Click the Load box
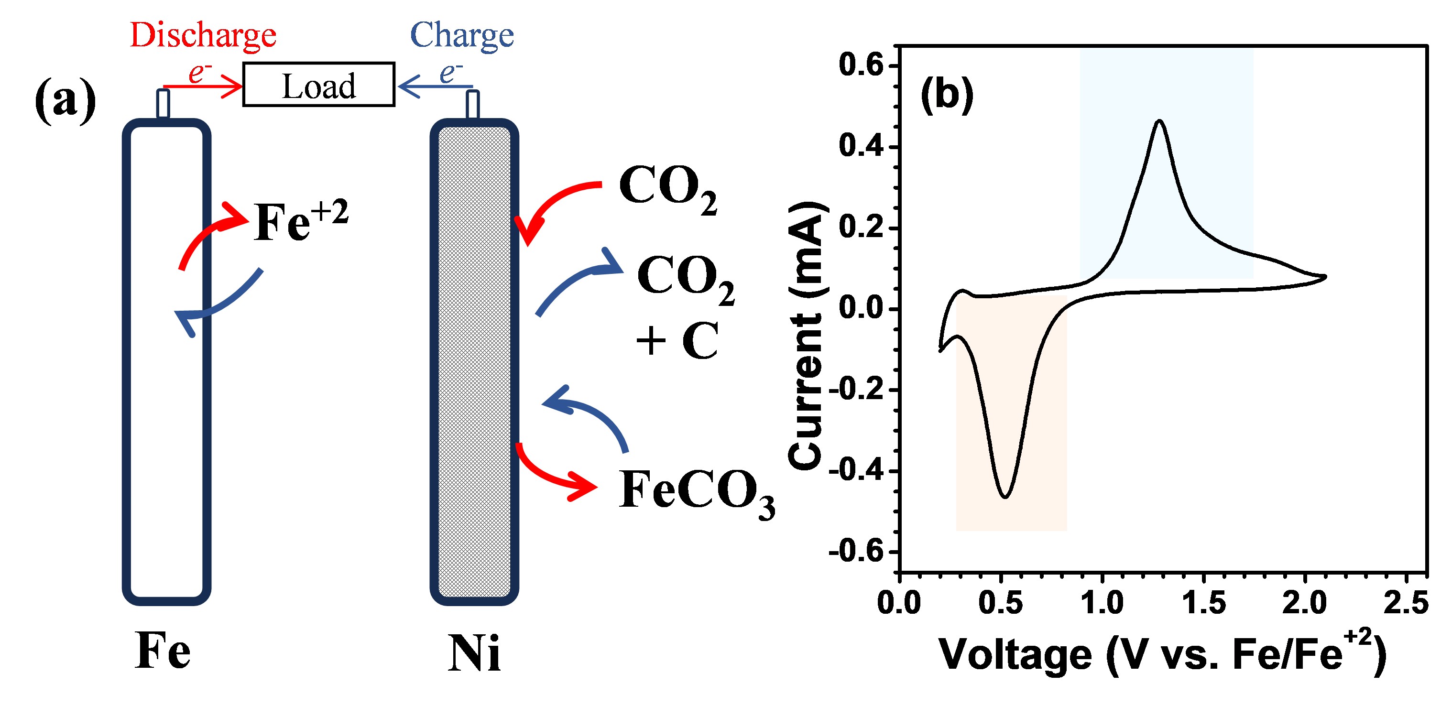[x=318, y=85]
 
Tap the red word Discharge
[x=203, y=35]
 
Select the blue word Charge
[x=461, y=35]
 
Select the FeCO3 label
[x=695, y=491]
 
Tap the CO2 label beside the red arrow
[x=667, y=188]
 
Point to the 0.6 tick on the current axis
[x=862, y=65]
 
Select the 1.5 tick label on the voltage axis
[x=1203, y=603]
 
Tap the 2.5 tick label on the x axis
[x=1405, y=603]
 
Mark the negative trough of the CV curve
[x=1005, y=496]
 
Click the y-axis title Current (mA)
[x=806, y=336]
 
